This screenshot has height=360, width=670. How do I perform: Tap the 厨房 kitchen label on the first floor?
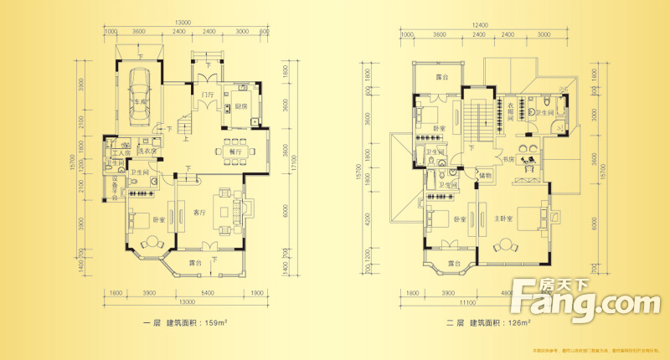pos(240,106)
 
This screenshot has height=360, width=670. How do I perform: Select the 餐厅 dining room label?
pos(224,151)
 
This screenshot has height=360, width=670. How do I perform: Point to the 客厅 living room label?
pos(199,212)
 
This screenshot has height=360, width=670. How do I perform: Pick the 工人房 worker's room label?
pos(118,152)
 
